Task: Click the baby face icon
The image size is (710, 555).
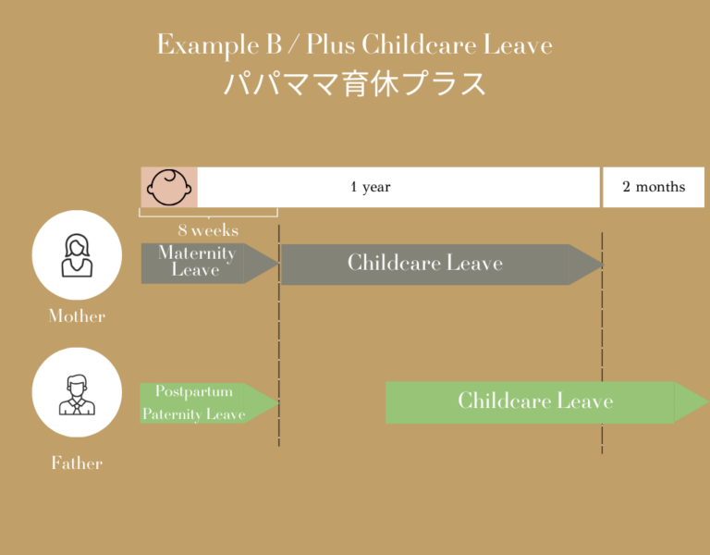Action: pos(169,187)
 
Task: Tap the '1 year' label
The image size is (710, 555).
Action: pos(371,187)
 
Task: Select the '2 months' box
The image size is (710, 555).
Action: pos(654,187)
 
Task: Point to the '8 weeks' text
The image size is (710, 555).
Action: pos(208,230)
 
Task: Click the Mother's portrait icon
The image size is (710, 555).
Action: pos(77,255)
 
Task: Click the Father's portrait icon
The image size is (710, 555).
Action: pos(77,393)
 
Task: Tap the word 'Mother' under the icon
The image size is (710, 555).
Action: pos(77,316)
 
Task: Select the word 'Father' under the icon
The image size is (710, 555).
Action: pos(77,463)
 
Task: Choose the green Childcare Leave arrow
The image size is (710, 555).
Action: pos(536,401)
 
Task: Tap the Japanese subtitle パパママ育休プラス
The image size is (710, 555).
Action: pos(355,83)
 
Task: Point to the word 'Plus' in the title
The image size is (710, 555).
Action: pos(332,44)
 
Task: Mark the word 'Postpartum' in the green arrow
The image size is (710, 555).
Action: pos(194,391)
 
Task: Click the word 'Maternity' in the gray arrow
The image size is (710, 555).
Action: pos(197,253)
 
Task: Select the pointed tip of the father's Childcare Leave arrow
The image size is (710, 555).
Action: pos(698,402)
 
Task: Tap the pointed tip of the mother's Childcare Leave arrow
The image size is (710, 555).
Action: pos(592,264)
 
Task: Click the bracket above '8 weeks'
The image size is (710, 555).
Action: pos(209,214)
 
